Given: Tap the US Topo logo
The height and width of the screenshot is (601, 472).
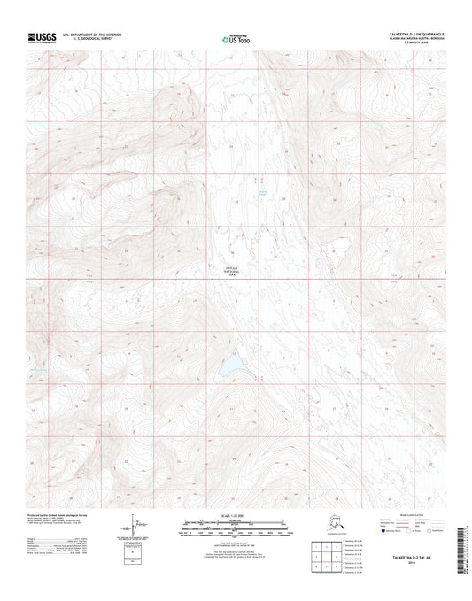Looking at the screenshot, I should [235, 38].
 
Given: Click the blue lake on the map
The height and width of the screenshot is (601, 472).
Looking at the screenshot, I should [231, 363].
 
